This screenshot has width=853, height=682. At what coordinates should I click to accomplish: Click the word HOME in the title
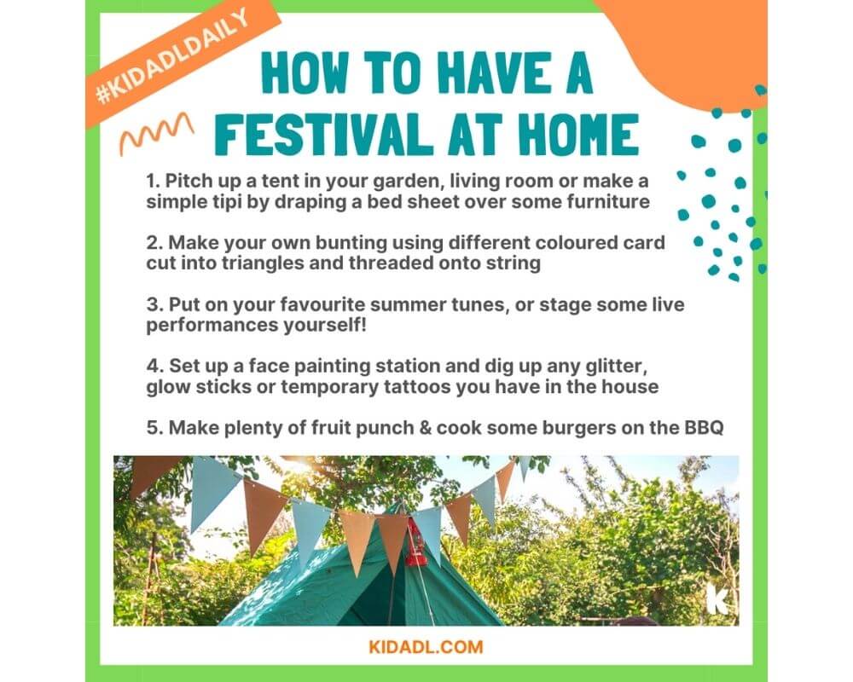tap(578, 134)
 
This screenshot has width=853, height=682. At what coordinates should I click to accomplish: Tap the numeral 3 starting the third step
tap(154, 304)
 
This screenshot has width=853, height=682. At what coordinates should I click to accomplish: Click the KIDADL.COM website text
tap(426, 647)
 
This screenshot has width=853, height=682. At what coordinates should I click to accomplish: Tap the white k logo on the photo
tap(718, 598)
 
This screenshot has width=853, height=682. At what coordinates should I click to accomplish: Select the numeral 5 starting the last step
tap(154, 428)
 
